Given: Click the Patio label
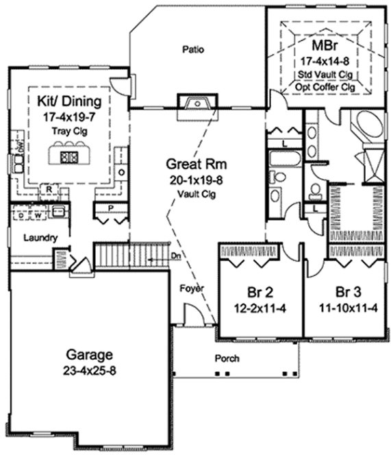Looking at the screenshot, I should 195,49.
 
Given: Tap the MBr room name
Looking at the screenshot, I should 323,46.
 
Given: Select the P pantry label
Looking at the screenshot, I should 110,208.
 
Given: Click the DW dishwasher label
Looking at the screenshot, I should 19,146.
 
